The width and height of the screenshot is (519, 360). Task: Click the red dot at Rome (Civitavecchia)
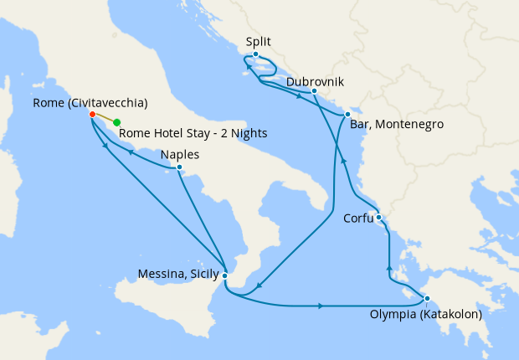[92, 116]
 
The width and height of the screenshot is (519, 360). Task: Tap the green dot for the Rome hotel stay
[116, 122]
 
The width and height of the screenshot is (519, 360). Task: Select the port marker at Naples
[179, 167]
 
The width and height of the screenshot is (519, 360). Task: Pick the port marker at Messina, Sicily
[224, 274]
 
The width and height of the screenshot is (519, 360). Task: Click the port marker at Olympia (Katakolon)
[426, 299]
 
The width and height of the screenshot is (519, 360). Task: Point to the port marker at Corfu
[378, 218]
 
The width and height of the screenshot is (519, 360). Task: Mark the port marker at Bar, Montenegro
[347, 114]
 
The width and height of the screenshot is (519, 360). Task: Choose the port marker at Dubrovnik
[313, 91]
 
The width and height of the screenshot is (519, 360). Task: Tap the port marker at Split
[255, 54]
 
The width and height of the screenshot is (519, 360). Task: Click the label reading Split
[259, 41]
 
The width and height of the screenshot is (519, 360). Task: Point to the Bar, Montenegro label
[396, 125]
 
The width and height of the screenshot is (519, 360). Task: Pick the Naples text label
[179, 155]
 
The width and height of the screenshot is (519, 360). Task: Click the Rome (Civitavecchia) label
[90, 103]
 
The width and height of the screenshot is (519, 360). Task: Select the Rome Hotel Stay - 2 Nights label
[193, 132]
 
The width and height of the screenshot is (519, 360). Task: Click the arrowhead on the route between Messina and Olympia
[321, 306]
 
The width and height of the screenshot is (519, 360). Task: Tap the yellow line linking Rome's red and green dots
[105, 119]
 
